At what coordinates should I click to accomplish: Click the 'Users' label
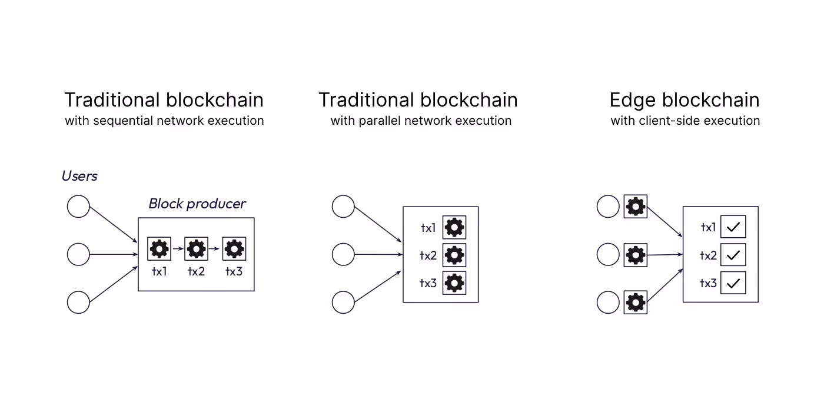point(79,176)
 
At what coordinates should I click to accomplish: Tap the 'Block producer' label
point(197,204)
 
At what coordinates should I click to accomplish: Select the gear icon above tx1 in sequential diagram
point(159,249)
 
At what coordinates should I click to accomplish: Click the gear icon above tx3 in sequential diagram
point(234,249)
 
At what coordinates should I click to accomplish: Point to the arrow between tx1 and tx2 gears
point(178,250)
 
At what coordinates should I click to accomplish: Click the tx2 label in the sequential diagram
point(196,271)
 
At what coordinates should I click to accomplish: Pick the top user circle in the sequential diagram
point(78,207)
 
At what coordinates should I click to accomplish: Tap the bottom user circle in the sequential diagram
point(78,302)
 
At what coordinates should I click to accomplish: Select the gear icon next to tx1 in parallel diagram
point(454,227)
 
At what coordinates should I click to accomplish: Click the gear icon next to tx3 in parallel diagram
point(454,283)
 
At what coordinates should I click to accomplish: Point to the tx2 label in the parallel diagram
point(428,255)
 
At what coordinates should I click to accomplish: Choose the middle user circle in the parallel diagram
point(343,255)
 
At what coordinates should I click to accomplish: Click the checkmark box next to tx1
point(733,227)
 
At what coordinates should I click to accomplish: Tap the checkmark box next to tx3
point(733,283)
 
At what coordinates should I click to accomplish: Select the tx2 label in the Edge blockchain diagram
point(708,255)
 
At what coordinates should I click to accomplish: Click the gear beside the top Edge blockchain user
point(636,207)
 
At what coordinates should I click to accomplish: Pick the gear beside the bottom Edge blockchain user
point(636,303)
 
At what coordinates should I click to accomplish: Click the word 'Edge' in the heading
point(632,101)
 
